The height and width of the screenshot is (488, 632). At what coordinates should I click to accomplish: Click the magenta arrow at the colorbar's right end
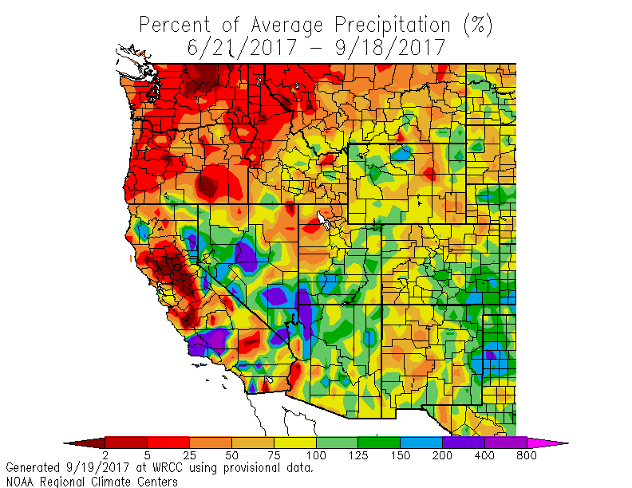pyautogui.click(x=547, y=442)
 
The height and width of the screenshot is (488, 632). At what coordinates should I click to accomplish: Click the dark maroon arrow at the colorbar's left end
pyautogui.click(x=84, y=442)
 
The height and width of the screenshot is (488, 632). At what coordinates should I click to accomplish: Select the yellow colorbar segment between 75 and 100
pyautogui.click(x=295, y=442)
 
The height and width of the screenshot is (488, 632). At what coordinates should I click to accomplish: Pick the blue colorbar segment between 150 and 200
pyautogui.click(x=421, y=442)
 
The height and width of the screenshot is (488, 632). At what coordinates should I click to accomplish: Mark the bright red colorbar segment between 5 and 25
pyautogui.click(x=168, y=442)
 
